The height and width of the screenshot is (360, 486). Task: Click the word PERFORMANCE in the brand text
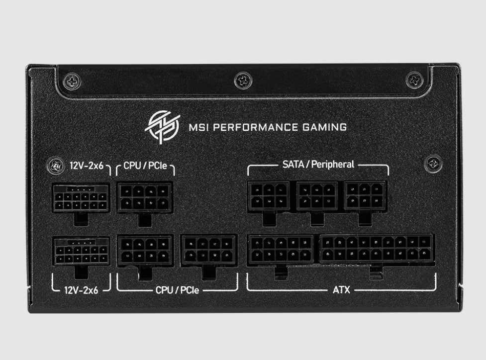click(246, 127)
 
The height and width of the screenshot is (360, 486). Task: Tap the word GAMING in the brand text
click(325, 127)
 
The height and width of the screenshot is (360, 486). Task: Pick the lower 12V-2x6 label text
click(81, 289)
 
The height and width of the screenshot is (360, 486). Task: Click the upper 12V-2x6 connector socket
click(81, 197)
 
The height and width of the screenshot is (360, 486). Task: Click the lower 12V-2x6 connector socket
click(81, 251)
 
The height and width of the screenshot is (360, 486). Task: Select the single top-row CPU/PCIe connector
click(145, 197)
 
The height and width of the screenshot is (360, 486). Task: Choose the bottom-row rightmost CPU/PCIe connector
click(208, 251)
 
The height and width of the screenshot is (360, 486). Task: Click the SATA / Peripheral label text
click(319, 164)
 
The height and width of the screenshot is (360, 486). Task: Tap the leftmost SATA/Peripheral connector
click(269, 196)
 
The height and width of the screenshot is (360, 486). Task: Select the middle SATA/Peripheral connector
click(317, 196)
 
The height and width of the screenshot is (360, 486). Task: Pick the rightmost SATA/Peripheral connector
click(365, 196)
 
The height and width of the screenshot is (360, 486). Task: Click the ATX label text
click(341, 288)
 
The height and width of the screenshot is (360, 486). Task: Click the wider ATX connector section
click(376, 249)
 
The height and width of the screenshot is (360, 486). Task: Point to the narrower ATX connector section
click(281, 250)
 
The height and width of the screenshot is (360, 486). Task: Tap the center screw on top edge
click(243, 79)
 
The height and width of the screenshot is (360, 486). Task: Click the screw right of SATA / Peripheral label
click(433, 163)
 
